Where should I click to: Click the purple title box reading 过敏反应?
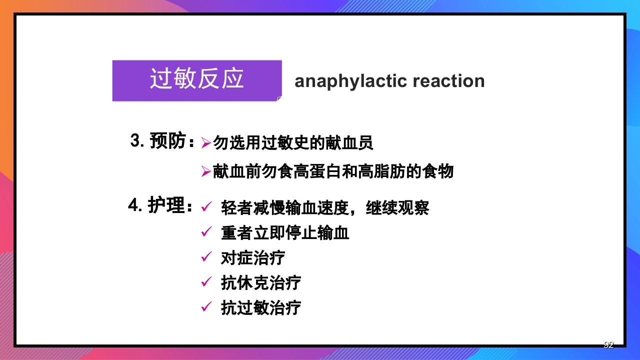click(197, 80)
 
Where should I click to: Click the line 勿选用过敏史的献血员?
click(293, 143)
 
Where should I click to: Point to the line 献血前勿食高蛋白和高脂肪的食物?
click(333, 171)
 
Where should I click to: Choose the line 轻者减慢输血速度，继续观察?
click(325, 207)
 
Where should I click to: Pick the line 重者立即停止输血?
click(285, 233)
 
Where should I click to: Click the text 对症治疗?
click(253, 258)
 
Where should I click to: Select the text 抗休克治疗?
click(261, 283)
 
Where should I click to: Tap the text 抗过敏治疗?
click(261, 308)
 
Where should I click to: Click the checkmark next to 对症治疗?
click(206, 257)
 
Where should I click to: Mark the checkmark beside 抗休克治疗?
click(206, 282)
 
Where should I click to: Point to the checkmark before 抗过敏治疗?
click(206, 307)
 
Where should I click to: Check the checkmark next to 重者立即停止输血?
click(206, 232)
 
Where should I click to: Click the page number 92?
click(608, 344)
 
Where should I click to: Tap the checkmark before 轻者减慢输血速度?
click(206, 206)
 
